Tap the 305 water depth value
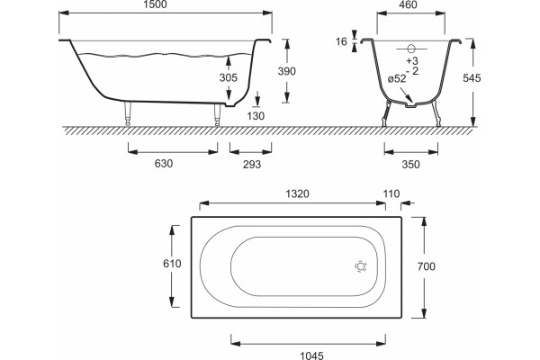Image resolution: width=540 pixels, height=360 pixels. point(229,77)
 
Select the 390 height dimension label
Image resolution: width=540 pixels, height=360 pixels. point(286,71)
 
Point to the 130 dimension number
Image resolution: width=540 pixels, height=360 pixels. point(256,116)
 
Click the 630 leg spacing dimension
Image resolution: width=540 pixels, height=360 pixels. point(164,163)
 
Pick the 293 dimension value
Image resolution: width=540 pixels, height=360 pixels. point(252,165)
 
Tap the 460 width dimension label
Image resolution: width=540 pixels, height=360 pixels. point(408,4)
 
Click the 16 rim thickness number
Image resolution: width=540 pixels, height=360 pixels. point(341,41)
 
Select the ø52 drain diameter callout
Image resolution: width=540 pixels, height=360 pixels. point(397,79)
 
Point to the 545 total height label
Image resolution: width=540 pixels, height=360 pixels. point(472,78)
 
